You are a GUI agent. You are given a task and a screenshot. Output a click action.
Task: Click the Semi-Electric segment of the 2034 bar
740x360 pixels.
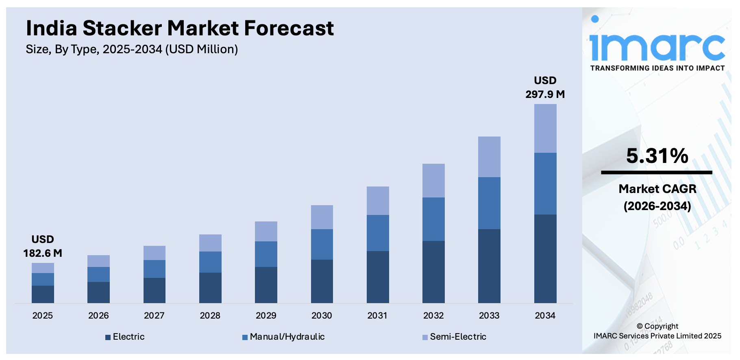[x=545, y=128]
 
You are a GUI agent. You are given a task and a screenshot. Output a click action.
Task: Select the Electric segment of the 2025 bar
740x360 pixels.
[x=43, y=294]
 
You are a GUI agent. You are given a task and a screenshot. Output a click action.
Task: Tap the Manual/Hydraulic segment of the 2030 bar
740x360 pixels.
[x=322, y=244]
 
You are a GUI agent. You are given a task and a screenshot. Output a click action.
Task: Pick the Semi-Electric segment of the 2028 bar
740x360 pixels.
[x=210, y=243]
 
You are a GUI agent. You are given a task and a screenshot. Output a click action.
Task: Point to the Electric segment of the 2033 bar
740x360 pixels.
[x=489, y=266]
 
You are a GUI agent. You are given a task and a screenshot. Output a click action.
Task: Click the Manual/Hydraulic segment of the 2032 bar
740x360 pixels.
[x=433, y=219]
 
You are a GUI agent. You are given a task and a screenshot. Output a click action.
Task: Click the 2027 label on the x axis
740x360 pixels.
[x=154, y=316]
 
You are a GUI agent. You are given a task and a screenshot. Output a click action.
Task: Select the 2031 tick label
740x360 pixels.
[x=377, y=316]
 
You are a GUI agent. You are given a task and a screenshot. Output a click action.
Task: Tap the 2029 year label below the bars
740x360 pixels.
[x=266, y=316]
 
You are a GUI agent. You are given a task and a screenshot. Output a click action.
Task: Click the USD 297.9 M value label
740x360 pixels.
[x=545, y=87]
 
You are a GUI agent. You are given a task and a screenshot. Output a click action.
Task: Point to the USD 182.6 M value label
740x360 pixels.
[x=43, y=246]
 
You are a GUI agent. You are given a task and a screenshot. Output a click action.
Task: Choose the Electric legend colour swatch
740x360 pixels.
[x=108, y=337]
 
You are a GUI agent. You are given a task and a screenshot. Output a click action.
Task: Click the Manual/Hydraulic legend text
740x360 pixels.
[x=287, y=337]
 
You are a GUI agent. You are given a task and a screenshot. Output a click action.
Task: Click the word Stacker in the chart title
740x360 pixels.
[x=122, y=28]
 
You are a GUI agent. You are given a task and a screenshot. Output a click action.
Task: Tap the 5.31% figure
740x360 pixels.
[x=657, y=156]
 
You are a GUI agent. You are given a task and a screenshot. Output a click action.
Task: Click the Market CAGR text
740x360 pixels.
[x=657, y=189]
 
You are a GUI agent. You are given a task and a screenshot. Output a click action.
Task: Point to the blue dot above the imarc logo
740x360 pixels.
[x=595, y=19]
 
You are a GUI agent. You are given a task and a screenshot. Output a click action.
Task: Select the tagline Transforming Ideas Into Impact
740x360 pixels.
[x=657, y=68]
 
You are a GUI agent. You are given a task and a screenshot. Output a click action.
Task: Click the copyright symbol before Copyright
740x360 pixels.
[x=640, y=326]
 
